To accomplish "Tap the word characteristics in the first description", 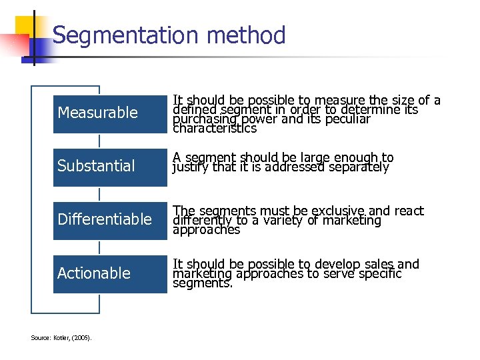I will [x=215, y=128].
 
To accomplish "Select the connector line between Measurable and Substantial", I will [x=99, y=139].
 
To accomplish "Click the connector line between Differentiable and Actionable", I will [x=99, y=247].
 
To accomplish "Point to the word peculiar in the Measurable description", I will [x=345, y=119].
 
